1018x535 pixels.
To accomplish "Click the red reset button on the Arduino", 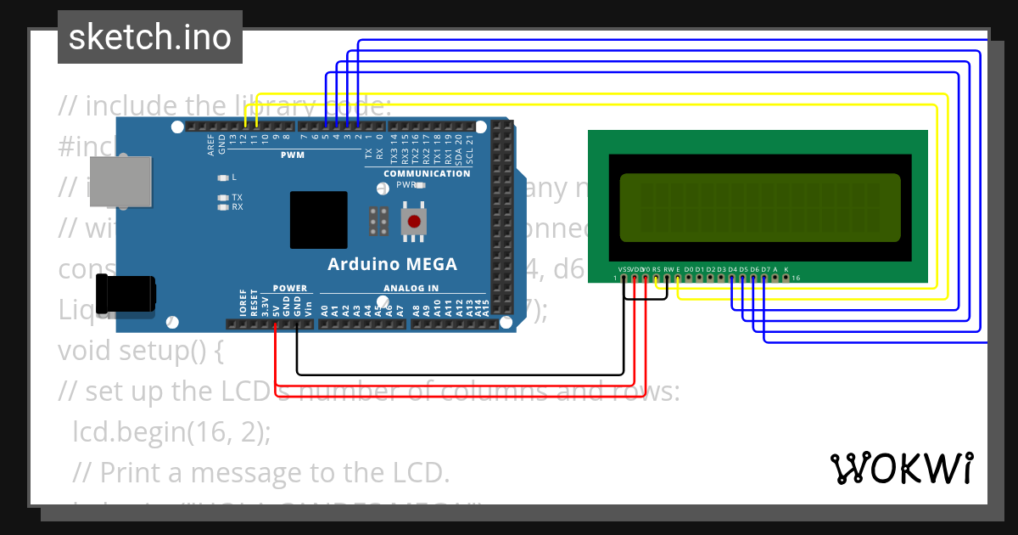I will (413, 222).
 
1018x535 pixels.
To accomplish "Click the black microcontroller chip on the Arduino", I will (319, 220).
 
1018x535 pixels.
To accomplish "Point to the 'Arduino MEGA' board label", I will (392, 264).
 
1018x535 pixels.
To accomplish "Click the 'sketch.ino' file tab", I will (150, 37).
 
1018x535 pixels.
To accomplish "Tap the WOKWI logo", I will (901, 468).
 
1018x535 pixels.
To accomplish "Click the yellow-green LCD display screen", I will (760, 208).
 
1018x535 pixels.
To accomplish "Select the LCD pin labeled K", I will (786, 278).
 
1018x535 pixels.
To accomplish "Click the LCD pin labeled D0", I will (688, 278).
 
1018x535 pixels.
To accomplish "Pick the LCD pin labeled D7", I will (764, 278).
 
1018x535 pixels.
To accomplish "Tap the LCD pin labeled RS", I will (656, 278).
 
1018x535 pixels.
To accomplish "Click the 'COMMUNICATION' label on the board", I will (427, 173).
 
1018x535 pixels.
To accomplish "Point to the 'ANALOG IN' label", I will (411, 288).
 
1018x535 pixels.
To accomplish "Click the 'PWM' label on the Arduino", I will (293, 155).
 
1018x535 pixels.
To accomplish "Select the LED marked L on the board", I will (223, 177).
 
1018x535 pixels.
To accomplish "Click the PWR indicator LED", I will (420, 184).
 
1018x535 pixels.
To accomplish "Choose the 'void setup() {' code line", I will (140, 350).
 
